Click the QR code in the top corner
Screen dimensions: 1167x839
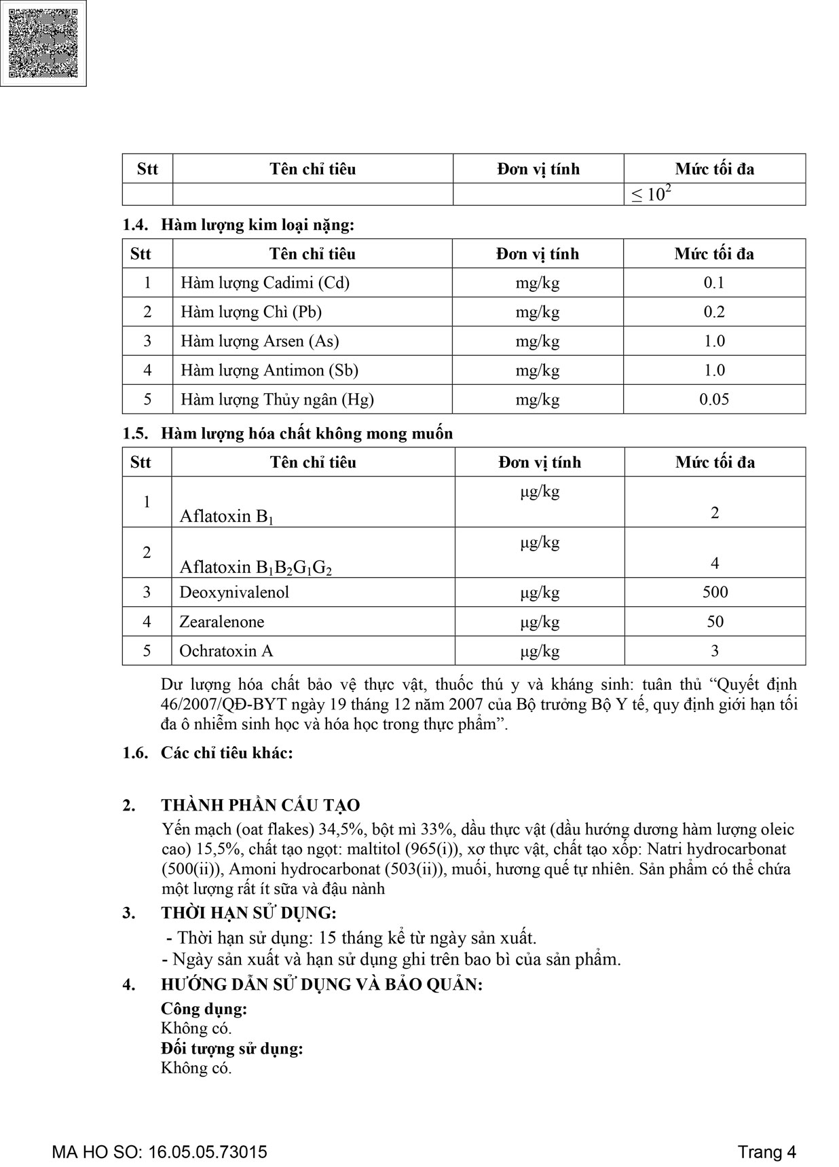click(x=43, y=43)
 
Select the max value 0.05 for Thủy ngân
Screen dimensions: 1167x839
click(x=714, y=399)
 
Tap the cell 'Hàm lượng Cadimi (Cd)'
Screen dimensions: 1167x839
click(x=265, y=282)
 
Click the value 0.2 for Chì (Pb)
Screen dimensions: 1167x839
click(x=714, y=312)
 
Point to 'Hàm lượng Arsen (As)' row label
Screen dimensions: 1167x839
click(x=259, y=341)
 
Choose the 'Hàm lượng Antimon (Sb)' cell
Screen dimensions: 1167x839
click(x=269, y=370)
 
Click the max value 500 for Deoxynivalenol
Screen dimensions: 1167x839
click(x=715, y=592)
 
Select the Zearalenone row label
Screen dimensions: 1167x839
click(x=221, y=621)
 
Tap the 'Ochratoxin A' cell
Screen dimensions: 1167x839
click(x=225, y=650)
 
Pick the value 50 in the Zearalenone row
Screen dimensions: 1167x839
click(x=715, y=621)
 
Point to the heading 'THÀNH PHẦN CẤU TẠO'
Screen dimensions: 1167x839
click(x=260, y=805)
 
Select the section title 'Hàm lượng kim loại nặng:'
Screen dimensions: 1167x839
click(x=257, y=225)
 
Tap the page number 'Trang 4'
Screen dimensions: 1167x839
click(x=766, y=1152)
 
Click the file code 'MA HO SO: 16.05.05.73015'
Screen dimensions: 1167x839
click(x=160, y=1152)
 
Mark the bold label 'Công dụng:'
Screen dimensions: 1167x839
click(x=204, y=1009)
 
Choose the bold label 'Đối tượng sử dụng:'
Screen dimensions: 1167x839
click(x=231, y=1048)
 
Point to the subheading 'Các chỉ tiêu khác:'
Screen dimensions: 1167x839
click(x=227, y=753)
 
